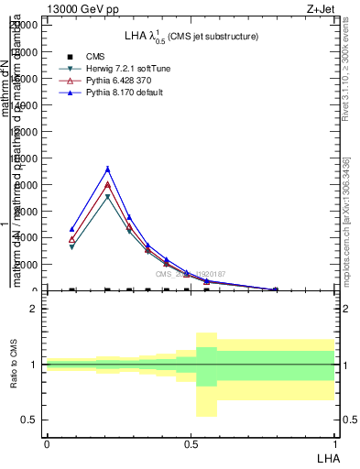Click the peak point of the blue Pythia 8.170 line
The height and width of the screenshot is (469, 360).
click(x=107, y=169)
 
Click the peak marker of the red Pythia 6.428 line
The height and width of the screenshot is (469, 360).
click(x=107, y=184)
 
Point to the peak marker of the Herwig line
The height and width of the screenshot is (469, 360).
click(x=107, y=197)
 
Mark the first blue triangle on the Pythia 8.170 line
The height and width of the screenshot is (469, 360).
click(x=71, y=229)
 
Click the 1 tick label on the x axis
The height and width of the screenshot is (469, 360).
click(x=334, y=443)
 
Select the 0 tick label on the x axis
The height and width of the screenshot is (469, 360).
click(x=46, y=443)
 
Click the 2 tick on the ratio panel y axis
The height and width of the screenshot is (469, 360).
click(x=34, y=309)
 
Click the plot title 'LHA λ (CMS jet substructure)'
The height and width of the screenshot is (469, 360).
click(x=191, y=36)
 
